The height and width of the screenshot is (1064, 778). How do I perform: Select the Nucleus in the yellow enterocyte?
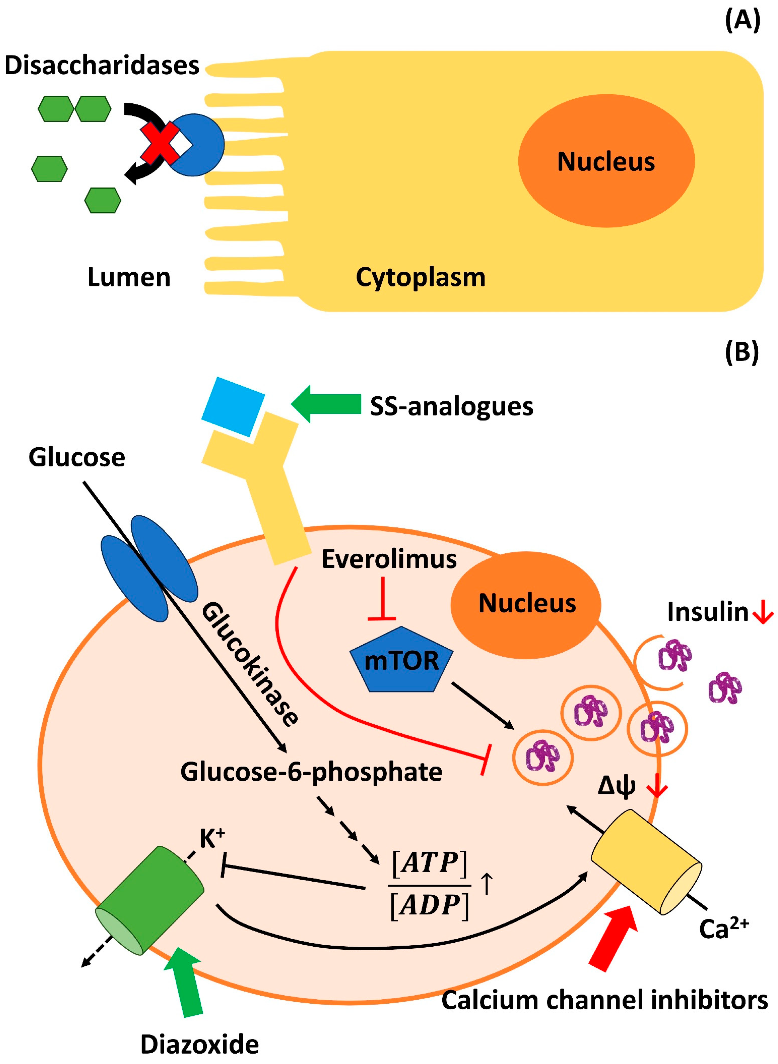click(x=606, y=161)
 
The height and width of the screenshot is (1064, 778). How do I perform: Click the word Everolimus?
click(x=389, y=559)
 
